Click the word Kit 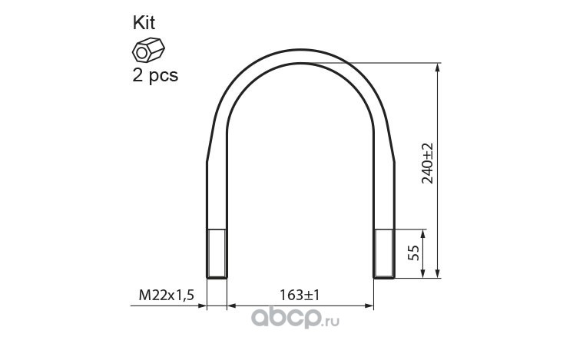click(x=144, y=23)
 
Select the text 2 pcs click(x=155, y=75)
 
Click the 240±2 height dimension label click(x=427, y=163)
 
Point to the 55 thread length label click(x=413, y=253)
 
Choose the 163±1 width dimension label click(x=300, y=295)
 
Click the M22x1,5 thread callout click(x=166, y=295)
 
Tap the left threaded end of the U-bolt click(x=217, y=254)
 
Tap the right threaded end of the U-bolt click(x=384, y=254)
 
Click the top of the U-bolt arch click(x=301, y=55)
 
